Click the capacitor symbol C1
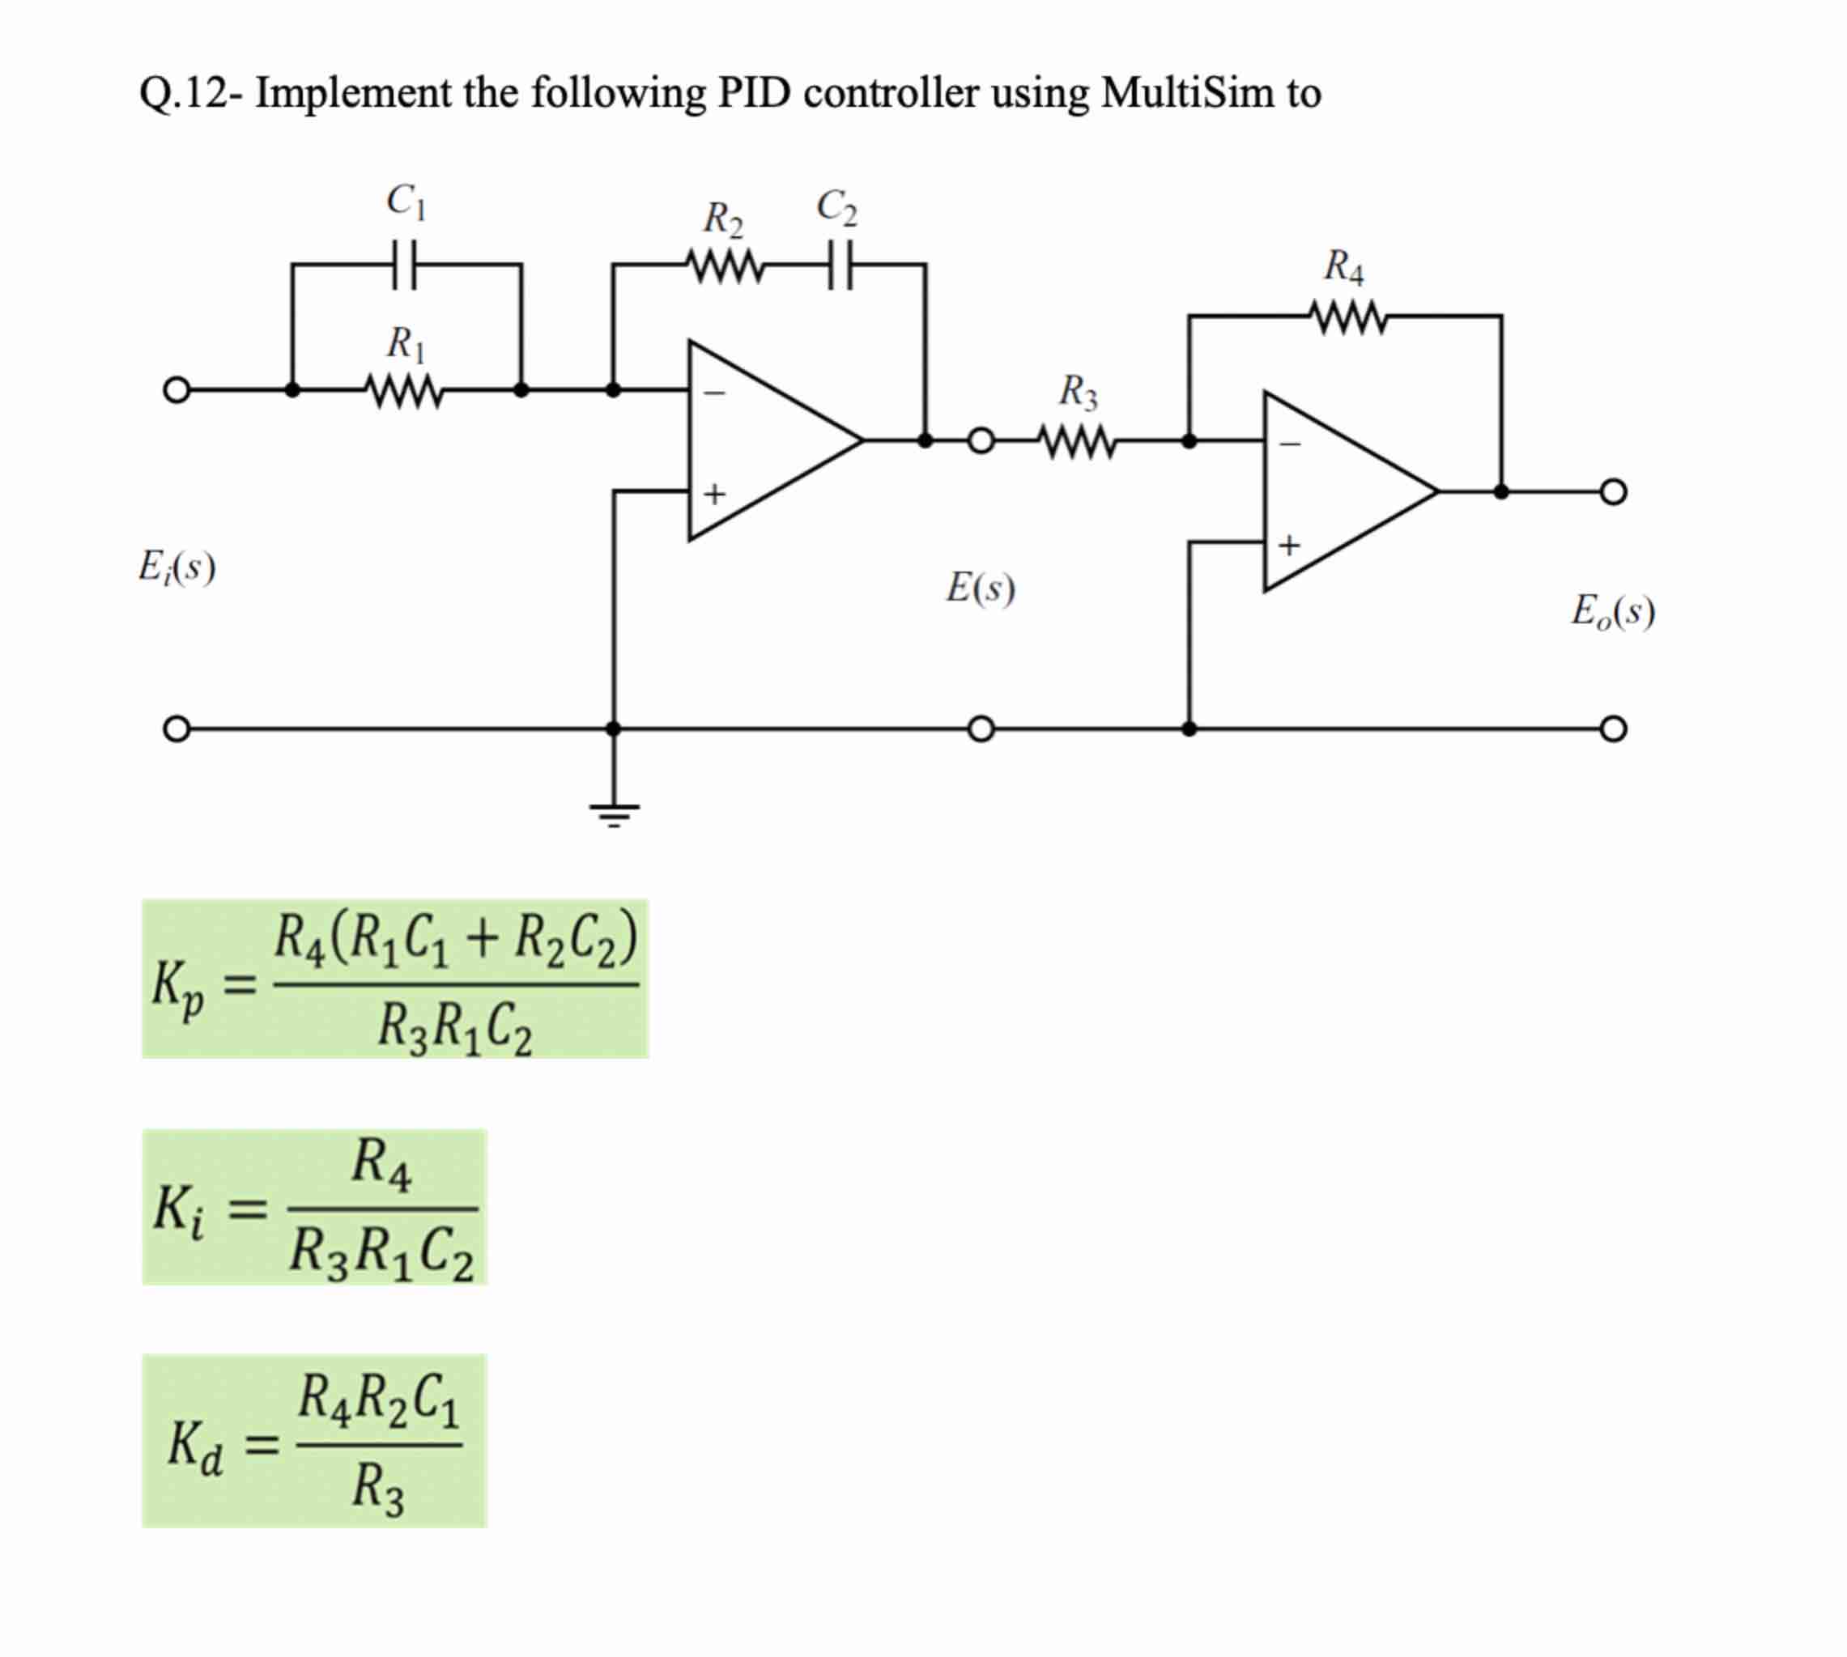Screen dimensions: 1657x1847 coord(406,264)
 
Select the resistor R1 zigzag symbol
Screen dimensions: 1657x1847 coord(403,391)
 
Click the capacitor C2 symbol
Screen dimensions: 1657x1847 coord(841,265)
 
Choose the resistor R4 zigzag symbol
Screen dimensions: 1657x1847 coord(1349,317)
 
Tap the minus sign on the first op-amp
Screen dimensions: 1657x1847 coord(715,393)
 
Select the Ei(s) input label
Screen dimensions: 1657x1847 coord(177,568)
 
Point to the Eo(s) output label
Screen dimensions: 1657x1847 coord(1612,611)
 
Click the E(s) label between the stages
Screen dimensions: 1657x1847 coord(980,588)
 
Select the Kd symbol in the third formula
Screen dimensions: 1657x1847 coord(194,1445)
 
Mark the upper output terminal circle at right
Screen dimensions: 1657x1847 coord(1613,492)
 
